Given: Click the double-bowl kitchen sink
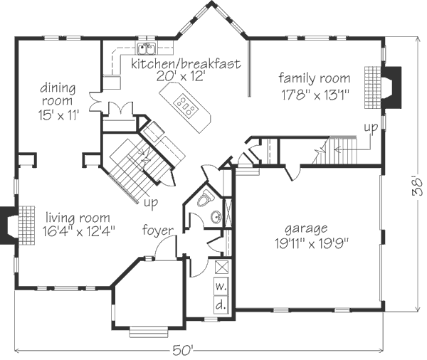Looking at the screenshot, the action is (x=147, y=49).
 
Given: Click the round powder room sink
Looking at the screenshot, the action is (x=216, y=217).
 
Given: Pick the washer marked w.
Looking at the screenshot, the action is (x=221, y=286).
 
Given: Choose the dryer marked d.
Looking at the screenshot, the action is (x=221, y=305).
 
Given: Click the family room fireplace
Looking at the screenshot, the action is (x=391, y=88).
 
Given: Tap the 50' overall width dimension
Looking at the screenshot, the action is (x=183, y=351).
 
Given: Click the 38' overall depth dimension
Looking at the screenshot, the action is (x=418, y=187).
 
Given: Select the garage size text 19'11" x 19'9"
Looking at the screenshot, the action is (x=312, y=244).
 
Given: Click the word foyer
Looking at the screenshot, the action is (x=158, y=231).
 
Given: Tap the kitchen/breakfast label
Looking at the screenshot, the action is (x=186, y=64).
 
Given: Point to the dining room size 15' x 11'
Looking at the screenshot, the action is (x=58, y=115).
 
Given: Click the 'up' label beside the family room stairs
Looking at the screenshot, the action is (x=371, y=127).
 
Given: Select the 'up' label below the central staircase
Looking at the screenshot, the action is (x=151, y=203).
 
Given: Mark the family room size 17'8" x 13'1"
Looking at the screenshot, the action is (x=315, y=95).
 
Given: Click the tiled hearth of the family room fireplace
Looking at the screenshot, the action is (x=373, y=88).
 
